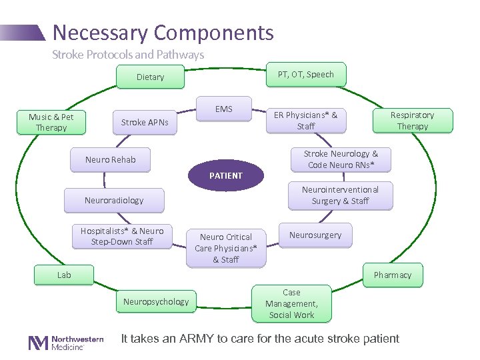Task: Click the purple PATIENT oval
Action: pos(226,175)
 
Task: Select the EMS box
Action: pos(224,109)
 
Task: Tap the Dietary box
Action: pos(150,77)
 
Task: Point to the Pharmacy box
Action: pos(393,275)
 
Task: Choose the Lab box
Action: pos(64,275)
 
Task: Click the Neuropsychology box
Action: pos(156,301)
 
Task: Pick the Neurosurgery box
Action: pos(315,235)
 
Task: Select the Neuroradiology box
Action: pos(114,200)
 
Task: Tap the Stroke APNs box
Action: pos(145,123)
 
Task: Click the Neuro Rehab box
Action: pos(110,160)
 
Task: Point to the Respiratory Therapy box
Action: pos(413,121)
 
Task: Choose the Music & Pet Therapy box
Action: pos(51,122)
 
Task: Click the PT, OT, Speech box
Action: pos(306,75)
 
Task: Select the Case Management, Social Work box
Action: pos(291,304)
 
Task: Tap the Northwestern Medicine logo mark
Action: pos(38,343)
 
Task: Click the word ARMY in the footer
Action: pos(196,339)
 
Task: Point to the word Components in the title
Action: pos(214,33)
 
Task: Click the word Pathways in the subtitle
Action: pos(180,55)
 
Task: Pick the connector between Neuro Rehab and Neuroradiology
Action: pos(105,180)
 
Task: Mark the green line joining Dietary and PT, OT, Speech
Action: pos(225,69)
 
